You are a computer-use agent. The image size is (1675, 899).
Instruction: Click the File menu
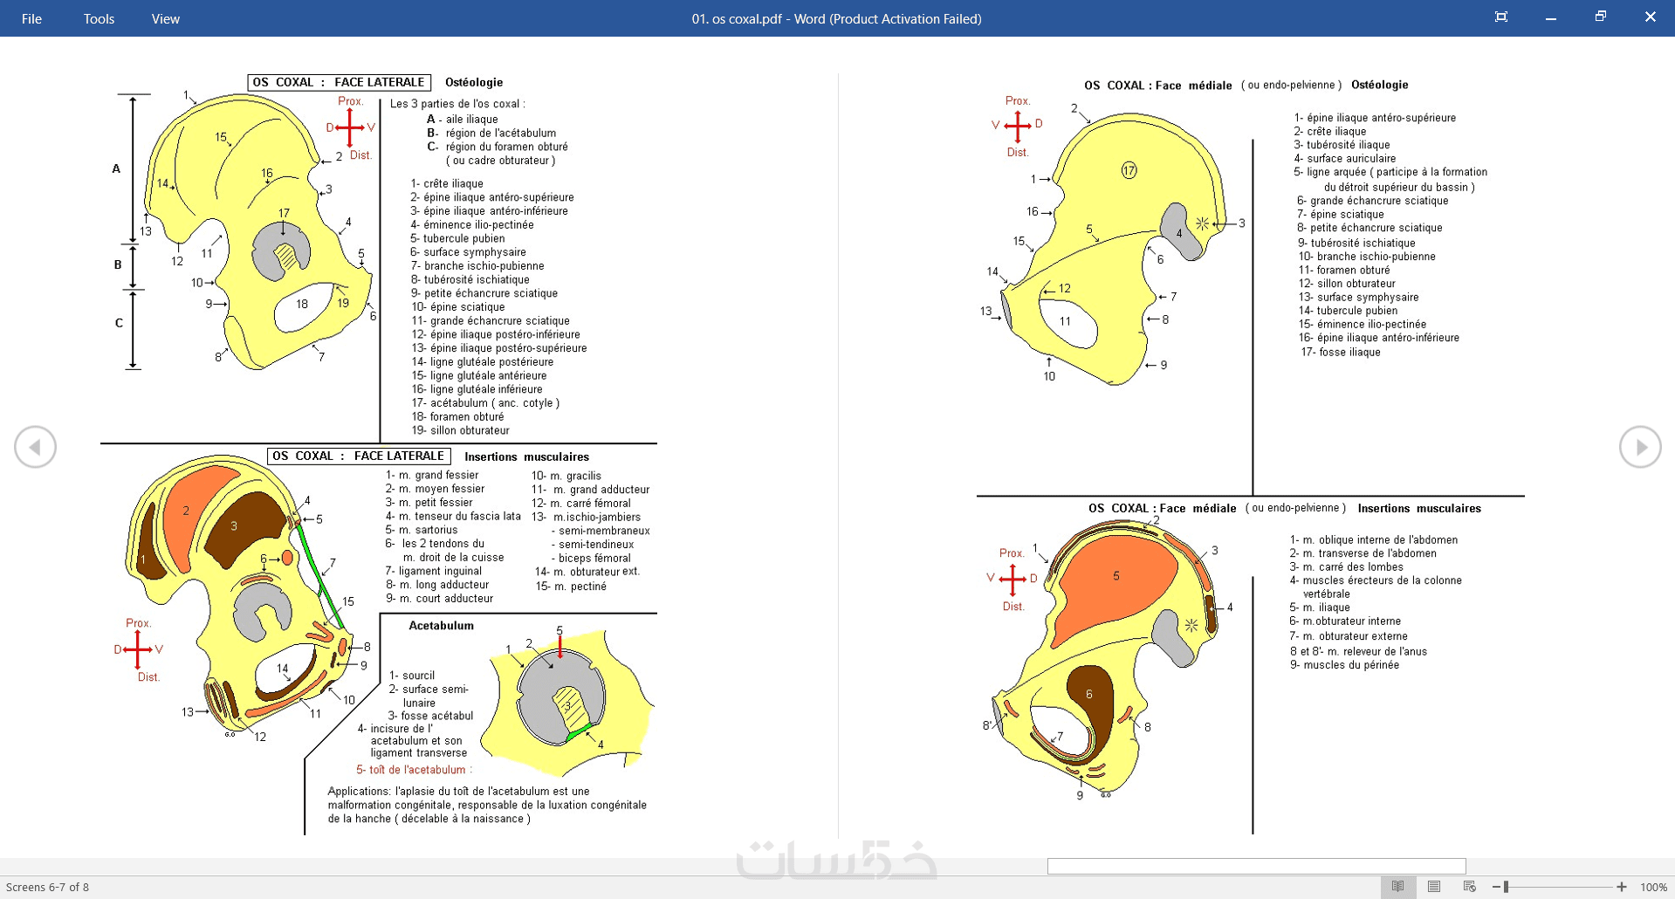(31, 18)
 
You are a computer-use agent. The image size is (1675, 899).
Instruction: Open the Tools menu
(99, 18)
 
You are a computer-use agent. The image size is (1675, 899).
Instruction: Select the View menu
(165, 18)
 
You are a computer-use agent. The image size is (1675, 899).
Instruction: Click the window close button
(1650, 17)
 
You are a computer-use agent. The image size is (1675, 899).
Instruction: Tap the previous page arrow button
(35, 447)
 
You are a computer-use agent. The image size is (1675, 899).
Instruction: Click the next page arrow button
(1640, 447)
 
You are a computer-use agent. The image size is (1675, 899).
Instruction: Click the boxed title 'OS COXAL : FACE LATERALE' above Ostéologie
(339, 82)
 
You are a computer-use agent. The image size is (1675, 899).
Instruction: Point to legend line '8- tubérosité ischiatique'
(470, 279)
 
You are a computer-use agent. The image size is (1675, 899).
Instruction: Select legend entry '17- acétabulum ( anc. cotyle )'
(485, 403)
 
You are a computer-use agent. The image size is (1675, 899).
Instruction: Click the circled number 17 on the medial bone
(1129, 170)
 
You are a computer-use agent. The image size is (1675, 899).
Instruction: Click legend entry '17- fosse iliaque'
(1341, 353)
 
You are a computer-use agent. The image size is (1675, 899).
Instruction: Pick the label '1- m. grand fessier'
(432, 476)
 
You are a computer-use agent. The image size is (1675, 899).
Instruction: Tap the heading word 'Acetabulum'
(441, 626)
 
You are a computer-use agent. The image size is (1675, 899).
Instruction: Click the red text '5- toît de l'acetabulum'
(413, 770)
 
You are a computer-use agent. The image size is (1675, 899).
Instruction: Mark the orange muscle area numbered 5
(1116, 585)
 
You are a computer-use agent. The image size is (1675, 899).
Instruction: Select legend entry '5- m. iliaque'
(1320, 607)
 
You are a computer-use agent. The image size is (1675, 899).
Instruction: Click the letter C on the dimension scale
(119, 323)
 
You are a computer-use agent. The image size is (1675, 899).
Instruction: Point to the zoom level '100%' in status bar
(1653, 887)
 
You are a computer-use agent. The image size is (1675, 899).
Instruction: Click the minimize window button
(1551, 17)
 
